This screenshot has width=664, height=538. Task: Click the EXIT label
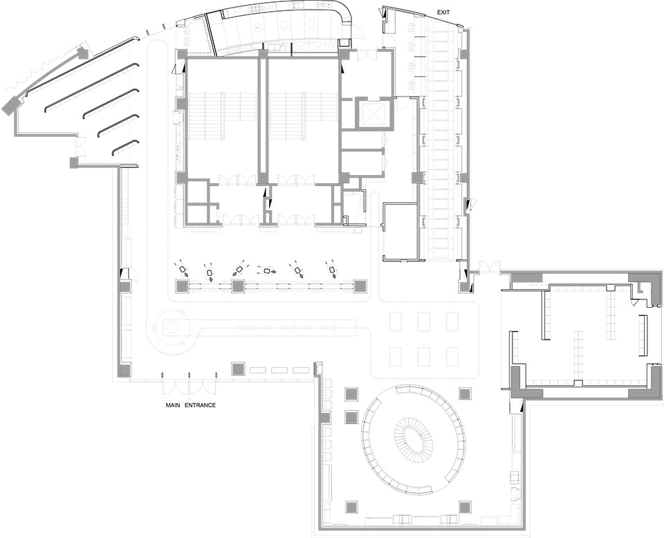(443, 12)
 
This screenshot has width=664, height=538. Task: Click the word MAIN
(173, 405)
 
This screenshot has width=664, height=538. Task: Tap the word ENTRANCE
(201, 405)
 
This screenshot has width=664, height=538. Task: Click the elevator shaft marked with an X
(370, 113)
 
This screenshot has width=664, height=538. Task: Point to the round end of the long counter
(173, 327)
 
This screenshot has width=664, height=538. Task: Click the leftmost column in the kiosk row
(182, 286)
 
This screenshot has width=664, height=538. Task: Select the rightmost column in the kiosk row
(360, 286)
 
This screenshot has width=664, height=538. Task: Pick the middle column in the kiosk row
(239, 286)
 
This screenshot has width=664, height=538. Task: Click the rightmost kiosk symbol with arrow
(332, 270)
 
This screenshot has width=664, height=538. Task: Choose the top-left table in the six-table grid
(396, 322)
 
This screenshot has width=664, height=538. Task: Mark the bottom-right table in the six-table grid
(452, 356)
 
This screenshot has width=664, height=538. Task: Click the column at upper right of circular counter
(465, 394)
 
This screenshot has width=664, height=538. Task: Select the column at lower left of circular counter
(352, 506)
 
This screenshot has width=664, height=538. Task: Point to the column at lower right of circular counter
(465, 506)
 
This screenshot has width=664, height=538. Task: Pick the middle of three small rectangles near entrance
(279, 370)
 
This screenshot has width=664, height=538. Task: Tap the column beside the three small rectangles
(239, 369)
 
